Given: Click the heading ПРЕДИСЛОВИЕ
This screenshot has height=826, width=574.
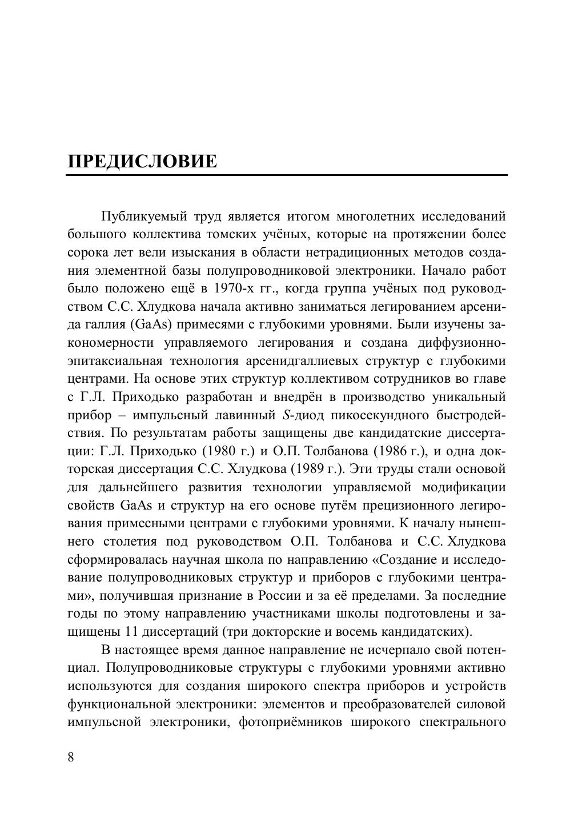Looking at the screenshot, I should (x=142, y=162).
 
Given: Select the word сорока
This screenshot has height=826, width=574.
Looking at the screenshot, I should (x=86, y=252).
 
